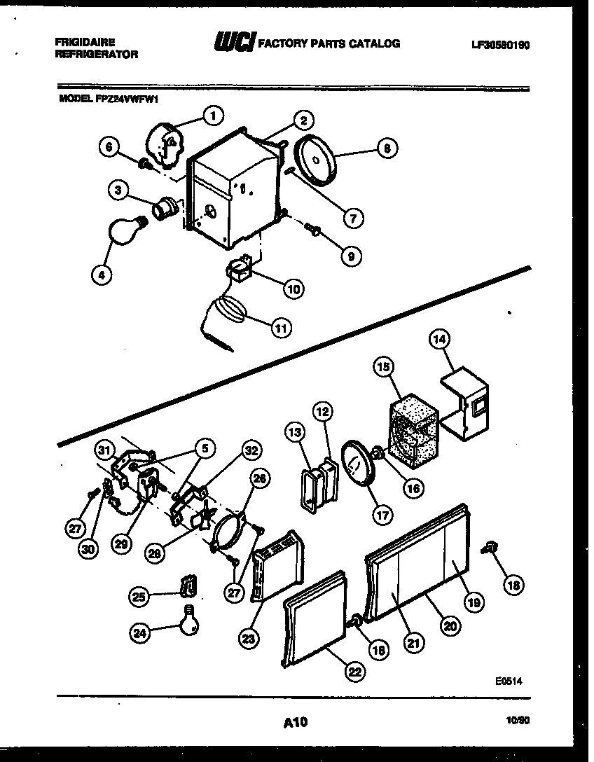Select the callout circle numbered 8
[386, 148]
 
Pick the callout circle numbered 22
[355, 670]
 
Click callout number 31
[104, 450]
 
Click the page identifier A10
[296, 721]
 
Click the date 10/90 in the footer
[519, 719]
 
